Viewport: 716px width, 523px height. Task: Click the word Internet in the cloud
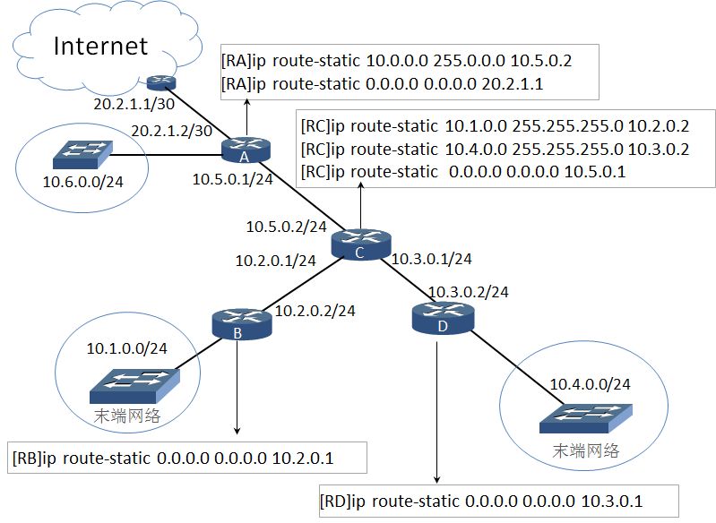pos(100,46)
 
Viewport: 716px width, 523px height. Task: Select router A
pos(246,150)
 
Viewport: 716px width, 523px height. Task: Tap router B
pos(242,324)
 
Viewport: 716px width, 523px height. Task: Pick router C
pos(361,244)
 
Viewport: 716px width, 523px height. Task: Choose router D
pos(443,318)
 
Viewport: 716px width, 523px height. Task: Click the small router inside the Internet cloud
pos(161,82)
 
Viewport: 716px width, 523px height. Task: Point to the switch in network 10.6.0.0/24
pos(82,155)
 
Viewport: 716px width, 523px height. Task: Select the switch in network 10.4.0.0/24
pos(586,418)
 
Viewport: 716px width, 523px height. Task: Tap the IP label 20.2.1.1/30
pos(134,104)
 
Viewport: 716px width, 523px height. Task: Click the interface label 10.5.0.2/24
pos(286,227)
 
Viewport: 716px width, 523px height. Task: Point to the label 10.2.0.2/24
pos(315,311)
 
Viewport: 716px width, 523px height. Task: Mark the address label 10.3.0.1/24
pos(432,259)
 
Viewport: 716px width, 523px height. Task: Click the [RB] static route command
pos(173,458)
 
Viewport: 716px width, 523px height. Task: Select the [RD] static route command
pos(481,502)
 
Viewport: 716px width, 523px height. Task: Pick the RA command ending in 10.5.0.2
pos(396,60)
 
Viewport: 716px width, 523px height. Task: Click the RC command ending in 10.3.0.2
pos(495,149)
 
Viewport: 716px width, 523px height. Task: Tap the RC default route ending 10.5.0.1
pos(463,172)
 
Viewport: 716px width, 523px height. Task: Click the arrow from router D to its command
pos(437,412)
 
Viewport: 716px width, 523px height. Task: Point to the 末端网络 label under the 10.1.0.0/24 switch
pos(127,416)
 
